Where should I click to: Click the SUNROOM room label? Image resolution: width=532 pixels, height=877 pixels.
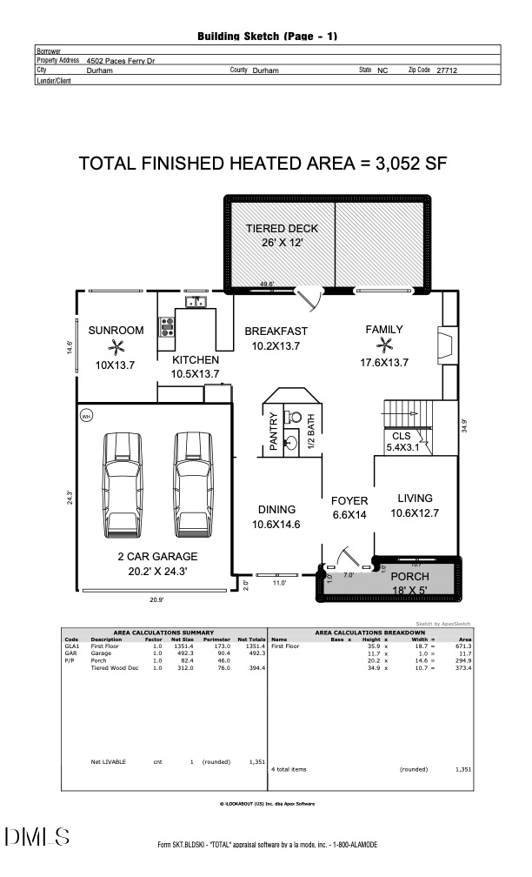click(116, 330)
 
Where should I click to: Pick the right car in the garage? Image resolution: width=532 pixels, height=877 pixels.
click(193, 486)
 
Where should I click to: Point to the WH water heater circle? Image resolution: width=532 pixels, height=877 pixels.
click(86, 416)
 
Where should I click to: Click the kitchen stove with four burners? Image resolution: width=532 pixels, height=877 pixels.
click(166, 327)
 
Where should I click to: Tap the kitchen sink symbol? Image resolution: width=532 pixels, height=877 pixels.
click(196, 303)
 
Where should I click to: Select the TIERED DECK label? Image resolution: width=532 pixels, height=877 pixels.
click(282, 229)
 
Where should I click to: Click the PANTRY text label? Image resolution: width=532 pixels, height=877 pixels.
click(273, 432)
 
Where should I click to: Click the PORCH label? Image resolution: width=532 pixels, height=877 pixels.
click(409, 577)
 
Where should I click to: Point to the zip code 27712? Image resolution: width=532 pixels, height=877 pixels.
click(447, 70)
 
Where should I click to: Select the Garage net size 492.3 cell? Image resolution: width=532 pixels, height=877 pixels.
click(186, 653)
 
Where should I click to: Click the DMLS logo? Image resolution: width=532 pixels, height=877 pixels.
click(37, 837)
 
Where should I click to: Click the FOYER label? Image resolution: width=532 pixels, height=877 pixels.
click(349, 501)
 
